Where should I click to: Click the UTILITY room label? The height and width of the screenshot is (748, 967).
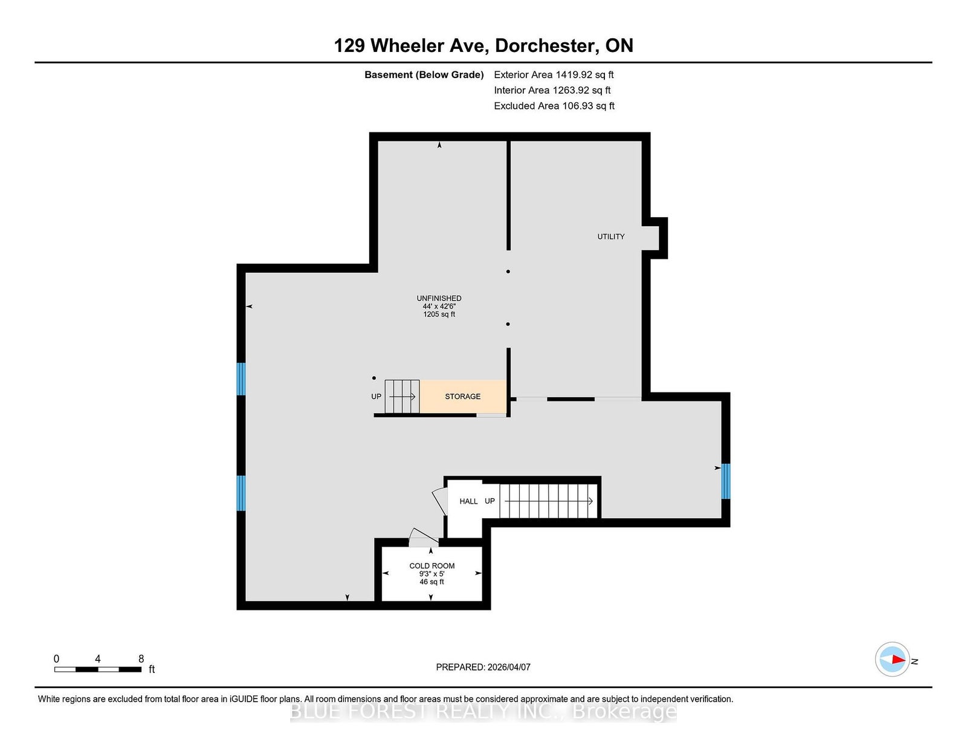[x=610, y=236]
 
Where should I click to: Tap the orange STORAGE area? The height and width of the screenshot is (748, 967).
[x=463, y=396]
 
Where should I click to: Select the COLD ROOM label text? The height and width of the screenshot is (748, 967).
[x=432, y=566]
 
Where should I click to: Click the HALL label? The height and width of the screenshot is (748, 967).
[x=468, y=501]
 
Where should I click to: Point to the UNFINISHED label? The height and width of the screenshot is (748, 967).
[x=439, y=298]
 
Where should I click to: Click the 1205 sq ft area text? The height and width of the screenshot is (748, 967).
[x=439, y=314]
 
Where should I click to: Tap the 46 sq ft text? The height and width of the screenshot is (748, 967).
[x=432, y=582]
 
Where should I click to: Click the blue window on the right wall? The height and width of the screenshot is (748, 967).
[x=725, y=481]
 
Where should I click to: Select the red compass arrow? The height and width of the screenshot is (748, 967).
[x=899, y=659]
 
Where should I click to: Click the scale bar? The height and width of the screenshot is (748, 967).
[x=98, y=669]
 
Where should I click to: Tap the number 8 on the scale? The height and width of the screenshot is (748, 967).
[x=141, y=659]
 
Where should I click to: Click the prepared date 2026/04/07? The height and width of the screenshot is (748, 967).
[x=509, y=667]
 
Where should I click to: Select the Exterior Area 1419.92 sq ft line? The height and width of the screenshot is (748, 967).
[x=554, y=75]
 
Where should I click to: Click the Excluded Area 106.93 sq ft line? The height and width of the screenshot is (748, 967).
[x=554, y=106]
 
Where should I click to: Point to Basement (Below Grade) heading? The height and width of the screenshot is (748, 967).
[x=424, y=75]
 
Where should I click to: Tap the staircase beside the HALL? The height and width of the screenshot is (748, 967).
[x=548, y=501]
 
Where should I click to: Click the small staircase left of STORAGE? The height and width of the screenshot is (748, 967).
[x=402, y=396]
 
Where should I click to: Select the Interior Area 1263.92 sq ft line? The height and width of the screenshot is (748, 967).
[x=552, y=90]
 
